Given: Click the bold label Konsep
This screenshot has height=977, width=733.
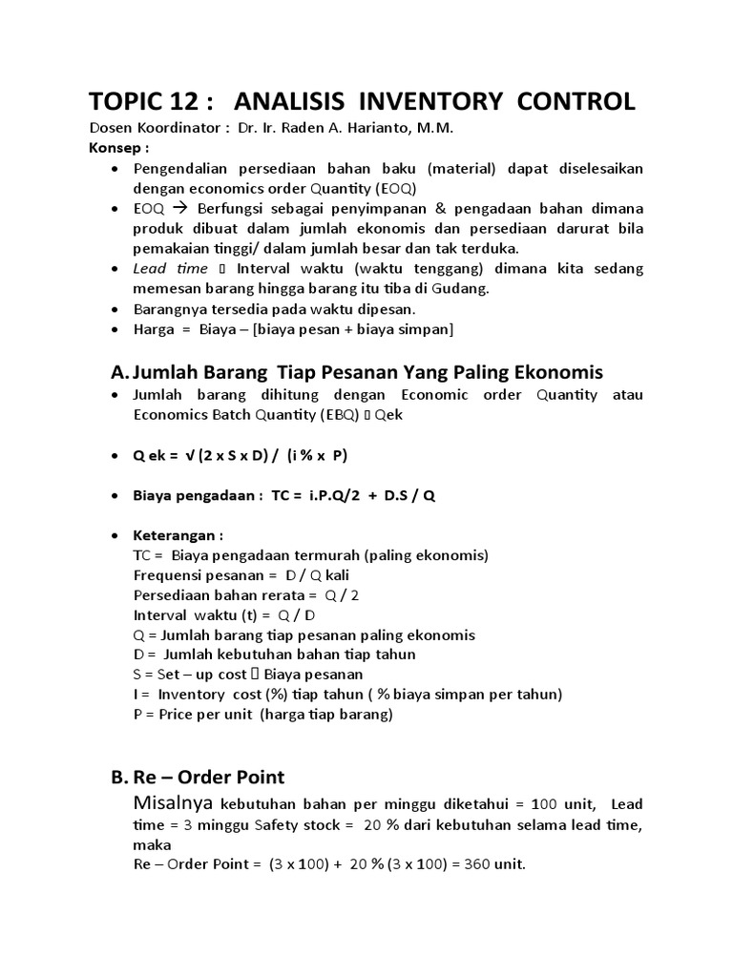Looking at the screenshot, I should click(117, 149).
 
